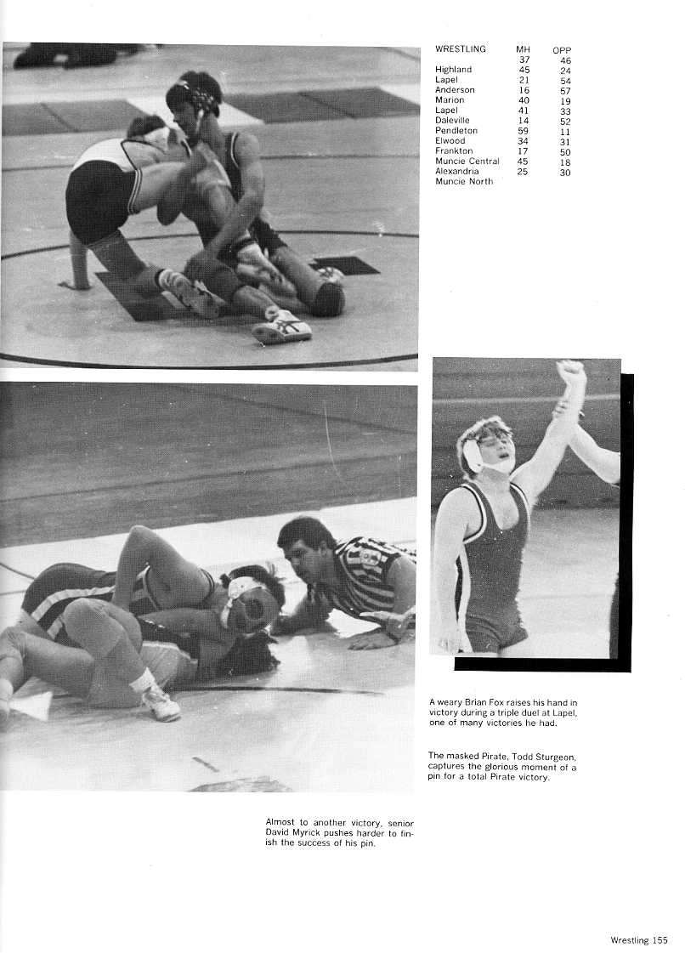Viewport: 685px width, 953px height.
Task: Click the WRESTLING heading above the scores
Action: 461,49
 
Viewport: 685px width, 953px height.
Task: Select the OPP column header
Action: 562,50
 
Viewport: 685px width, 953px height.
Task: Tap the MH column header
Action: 523,49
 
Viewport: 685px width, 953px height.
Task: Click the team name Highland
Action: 453,70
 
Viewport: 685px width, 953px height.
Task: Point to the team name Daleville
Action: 454,121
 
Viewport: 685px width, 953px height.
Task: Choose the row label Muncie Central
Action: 467,162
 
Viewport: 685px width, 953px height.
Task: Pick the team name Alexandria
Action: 456,172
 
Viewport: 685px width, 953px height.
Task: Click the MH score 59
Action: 524,131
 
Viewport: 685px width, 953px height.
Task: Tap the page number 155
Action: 660,939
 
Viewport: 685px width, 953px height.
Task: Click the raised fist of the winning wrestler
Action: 571,371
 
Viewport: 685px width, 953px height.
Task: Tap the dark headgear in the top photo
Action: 195,94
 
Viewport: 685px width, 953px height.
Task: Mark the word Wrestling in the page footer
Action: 630,939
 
